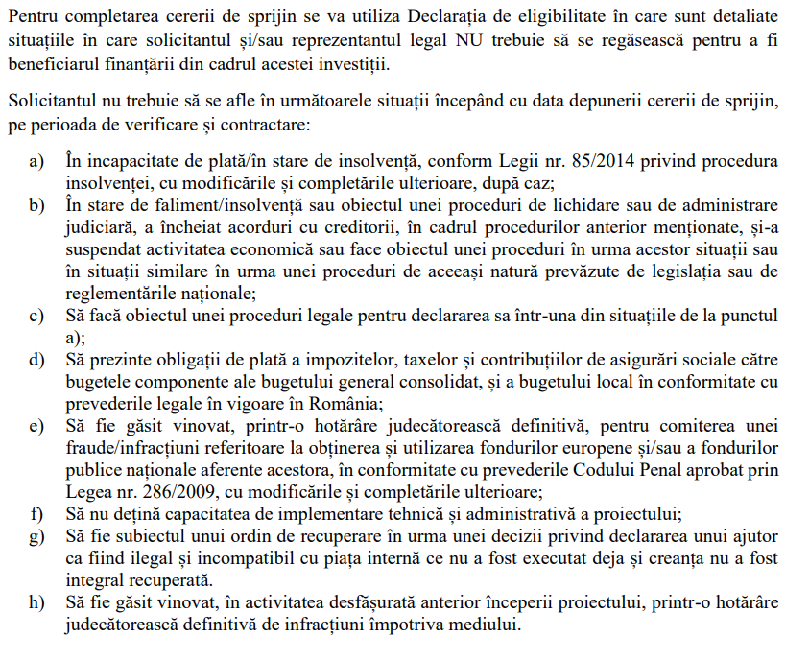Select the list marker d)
tap(36, 361)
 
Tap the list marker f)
tap(36, 513)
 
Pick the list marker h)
tap(36, 602)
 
